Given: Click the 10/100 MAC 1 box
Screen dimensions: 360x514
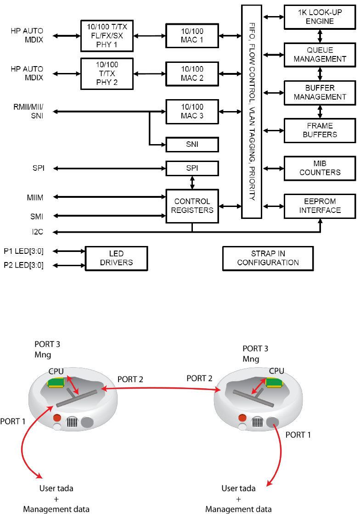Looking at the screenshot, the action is [192, 36].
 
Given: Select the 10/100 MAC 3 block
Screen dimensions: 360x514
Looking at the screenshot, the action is [192, 112].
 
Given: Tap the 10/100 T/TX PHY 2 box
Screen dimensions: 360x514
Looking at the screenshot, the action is [107, 74].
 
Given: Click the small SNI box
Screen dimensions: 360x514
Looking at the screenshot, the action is [192, 145].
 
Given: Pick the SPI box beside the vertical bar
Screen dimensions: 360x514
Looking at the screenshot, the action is [192, 168].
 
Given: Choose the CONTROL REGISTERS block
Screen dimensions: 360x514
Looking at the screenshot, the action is [192, 206].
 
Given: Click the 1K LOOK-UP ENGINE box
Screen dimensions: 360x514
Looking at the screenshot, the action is [320, 17].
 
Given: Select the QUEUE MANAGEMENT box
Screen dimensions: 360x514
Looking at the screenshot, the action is [320, 55].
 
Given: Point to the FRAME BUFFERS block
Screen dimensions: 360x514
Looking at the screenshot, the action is [320, 130].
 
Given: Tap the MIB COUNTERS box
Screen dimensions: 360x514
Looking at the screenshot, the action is [320, 168].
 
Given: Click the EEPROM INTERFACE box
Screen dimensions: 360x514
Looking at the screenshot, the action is [320, 206].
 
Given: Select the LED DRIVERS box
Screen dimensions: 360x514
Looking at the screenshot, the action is [116, 258].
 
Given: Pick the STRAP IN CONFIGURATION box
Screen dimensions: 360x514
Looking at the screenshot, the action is [268, 258].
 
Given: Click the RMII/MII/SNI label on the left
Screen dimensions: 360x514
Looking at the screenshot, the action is [28, 112].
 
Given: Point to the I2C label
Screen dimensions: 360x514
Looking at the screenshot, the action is [37, 232].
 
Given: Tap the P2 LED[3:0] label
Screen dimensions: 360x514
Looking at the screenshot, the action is [23, 265].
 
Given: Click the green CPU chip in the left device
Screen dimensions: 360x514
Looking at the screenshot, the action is [56, 383].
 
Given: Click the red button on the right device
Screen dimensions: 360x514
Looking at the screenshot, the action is [242, 418].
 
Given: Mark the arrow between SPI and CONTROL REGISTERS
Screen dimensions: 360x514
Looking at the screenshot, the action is [192, 183].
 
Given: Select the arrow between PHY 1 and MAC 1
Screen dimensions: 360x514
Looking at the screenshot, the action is [150, 36].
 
